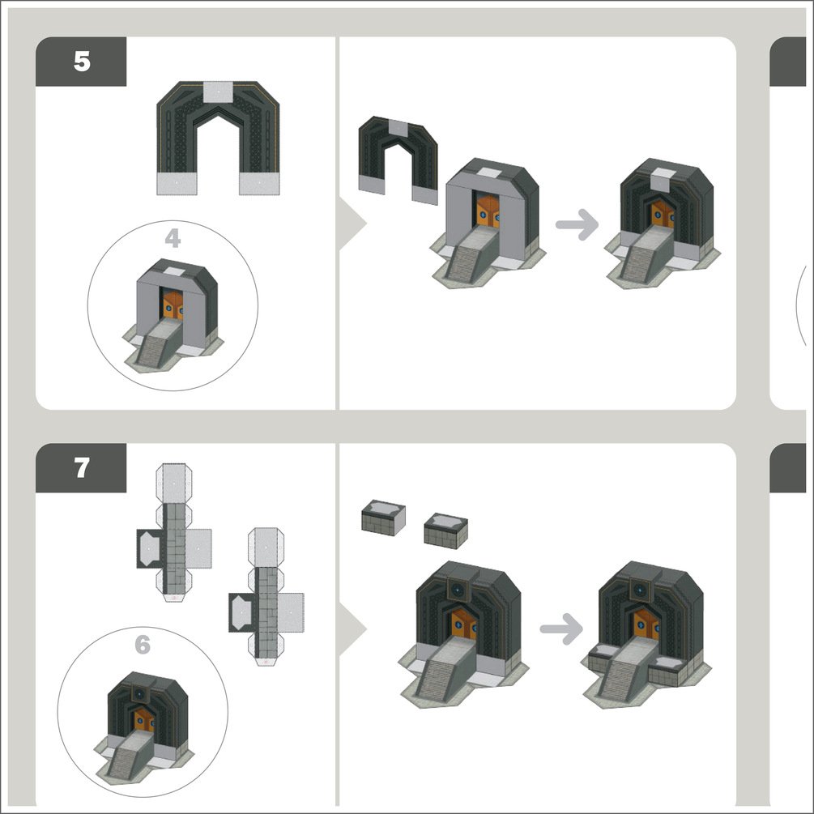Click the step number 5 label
pos(82,62)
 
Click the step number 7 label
pos(82,467)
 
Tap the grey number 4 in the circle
pos(173,238)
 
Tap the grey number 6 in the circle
pos(143,645)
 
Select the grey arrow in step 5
pos(577,225)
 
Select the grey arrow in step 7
pos(561,629)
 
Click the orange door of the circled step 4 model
pos(173,305)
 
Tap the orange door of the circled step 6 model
pos(144,720)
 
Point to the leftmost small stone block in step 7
pos(383,517)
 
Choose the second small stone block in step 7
pos(446,531)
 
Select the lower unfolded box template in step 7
pos(266,597)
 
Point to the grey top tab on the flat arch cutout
pos(218,92)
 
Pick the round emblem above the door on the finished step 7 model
pos(640,590)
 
